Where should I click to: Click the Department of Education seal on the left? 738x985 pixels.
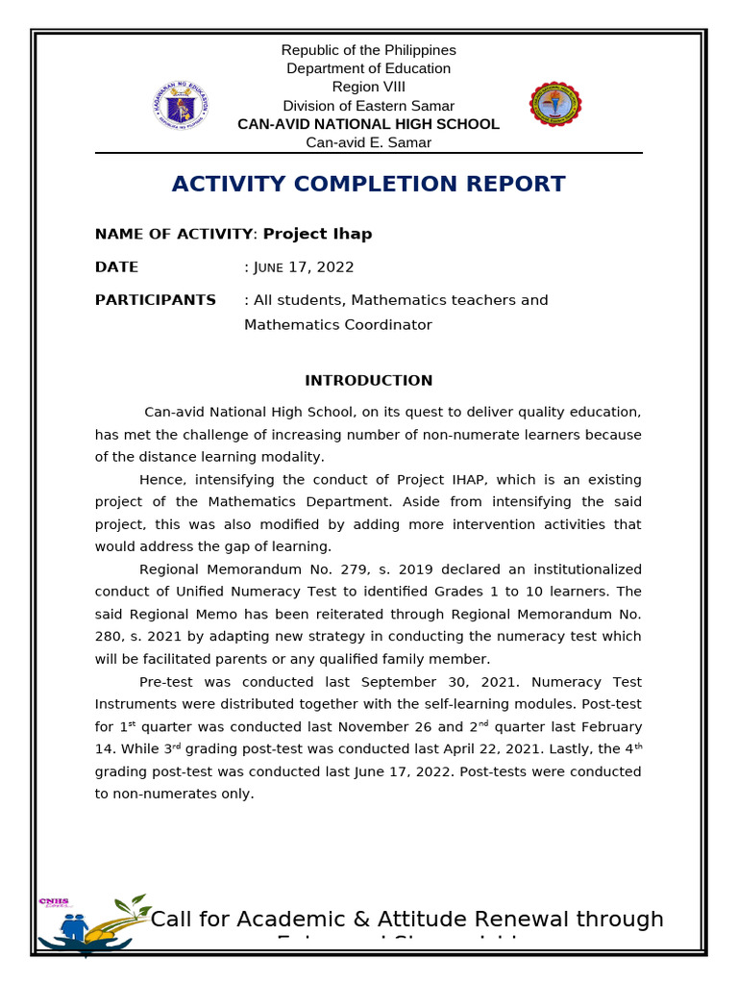click(181, 105)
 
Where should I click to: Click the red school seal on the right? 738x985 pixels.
click(555, 105)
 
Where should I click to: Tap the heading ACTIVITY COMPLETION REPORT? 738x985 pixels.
click(368, 184)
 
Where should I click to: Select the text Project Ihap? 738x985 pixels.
click(317, 234)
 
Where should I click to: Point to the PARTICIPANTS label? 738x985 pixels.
click(155, 300)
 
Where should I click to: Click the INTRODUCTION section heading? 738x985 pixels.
click(368, 380)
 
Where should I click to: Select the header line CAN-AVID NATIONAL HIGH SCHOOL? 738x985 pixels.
click(368, 124)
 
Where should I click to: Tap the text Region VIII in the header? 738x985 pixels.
click(368, 87)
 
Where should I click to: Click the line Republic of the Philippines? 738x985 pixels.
click(368, 50)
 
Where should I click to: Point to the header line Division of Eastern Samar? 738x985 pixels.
click(368, 106)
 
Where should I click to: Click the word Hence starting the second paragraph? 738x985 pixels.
click(160, 479)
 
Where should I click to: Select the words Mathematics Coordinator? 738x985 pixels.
click(337, 325)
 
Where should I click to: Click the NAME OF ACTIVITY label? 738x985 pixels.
click(174, 234)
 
